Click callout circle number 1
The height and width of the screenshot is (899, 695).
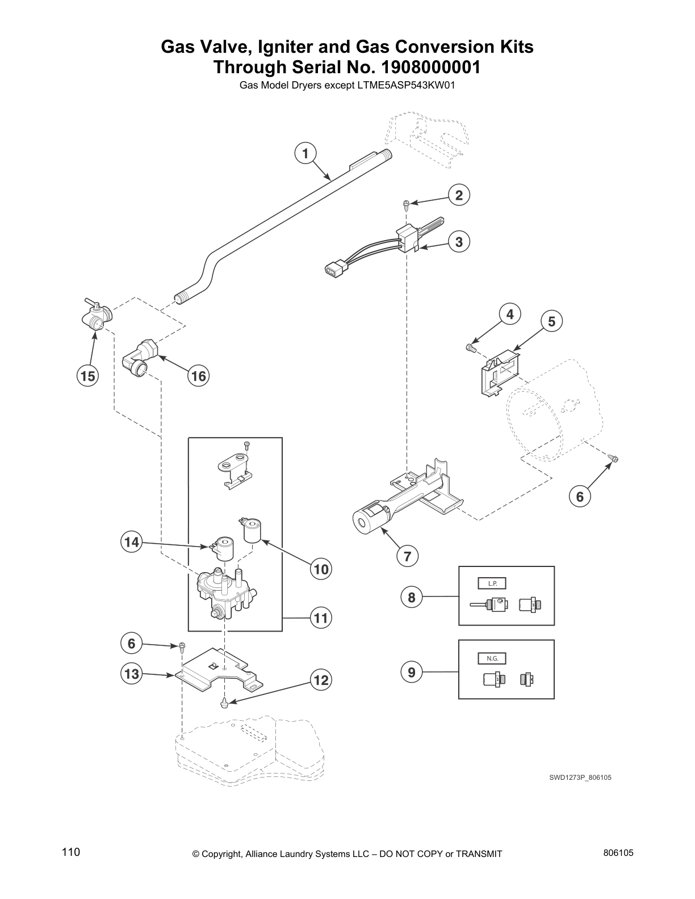(305, 153)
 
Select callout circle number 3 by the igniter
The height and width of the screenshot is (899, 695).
(459, 242)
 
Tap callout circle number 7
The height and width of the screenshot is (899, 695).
(407, 556)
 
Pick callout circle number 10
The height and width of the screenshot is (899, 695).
(321, 569)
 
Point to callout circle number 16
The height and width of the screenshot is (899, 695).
(198, 376)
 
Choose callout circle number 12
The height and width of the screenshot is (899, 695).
(321, 680)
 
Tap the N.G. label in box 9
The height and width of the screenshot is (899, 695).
(492, 658)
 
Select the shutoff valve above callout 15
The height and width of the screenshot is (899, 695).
(94, 315)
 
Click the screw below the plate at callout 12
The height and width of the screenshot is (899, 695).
(225, 703)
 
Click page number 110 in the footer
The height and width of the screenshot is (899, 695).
(71, 852)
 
